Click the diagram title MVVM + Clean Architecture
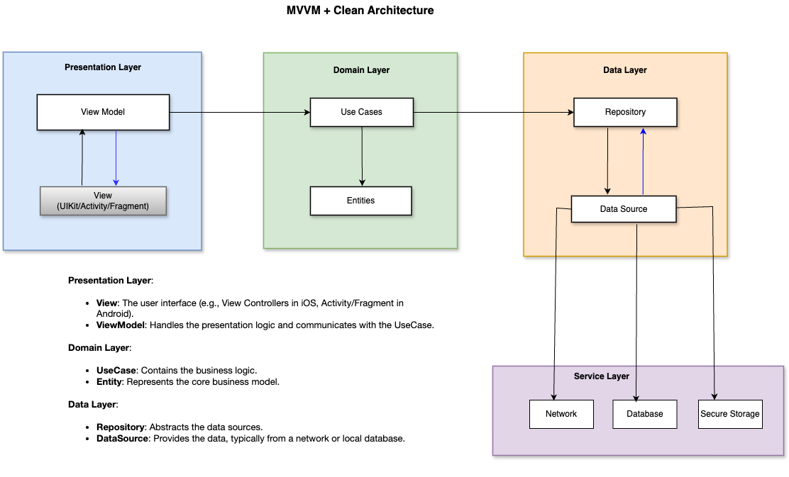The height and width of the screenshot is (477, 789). tap(360, 11)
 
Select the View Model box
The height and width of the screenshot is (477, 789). tap(103, 112)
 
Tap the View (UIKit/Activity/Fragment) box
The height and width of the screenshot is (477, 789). tap(103, 201)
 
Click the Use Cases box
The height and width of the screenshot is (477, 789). tap(361, 112)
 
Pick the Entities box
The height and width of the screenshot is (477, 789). tap(360, 201)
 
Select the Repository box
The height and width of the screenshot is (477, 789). tap(625, 112)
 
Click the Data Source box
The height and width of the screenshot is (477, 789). tap(623, 209)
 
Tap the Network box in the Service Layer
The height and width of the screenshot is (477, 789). tap(561, 414)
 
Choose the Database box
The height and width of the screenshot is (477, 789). tap(645, 414)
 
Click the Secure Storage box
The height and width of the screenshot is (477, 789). tap(729, 414)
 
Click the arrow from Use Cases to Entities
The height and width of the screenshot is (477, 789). tap(362, 156)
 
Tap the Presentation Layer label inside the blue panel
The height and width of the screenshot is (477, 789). tap(103, 67)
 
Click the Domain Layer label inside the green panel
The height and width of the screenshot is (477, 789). tap(361, 70)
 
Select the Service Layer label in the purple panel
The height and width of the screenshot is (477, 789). tap(601, 376)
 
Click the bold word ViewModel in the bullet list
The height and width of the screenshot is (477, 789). tap(118, 325)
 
